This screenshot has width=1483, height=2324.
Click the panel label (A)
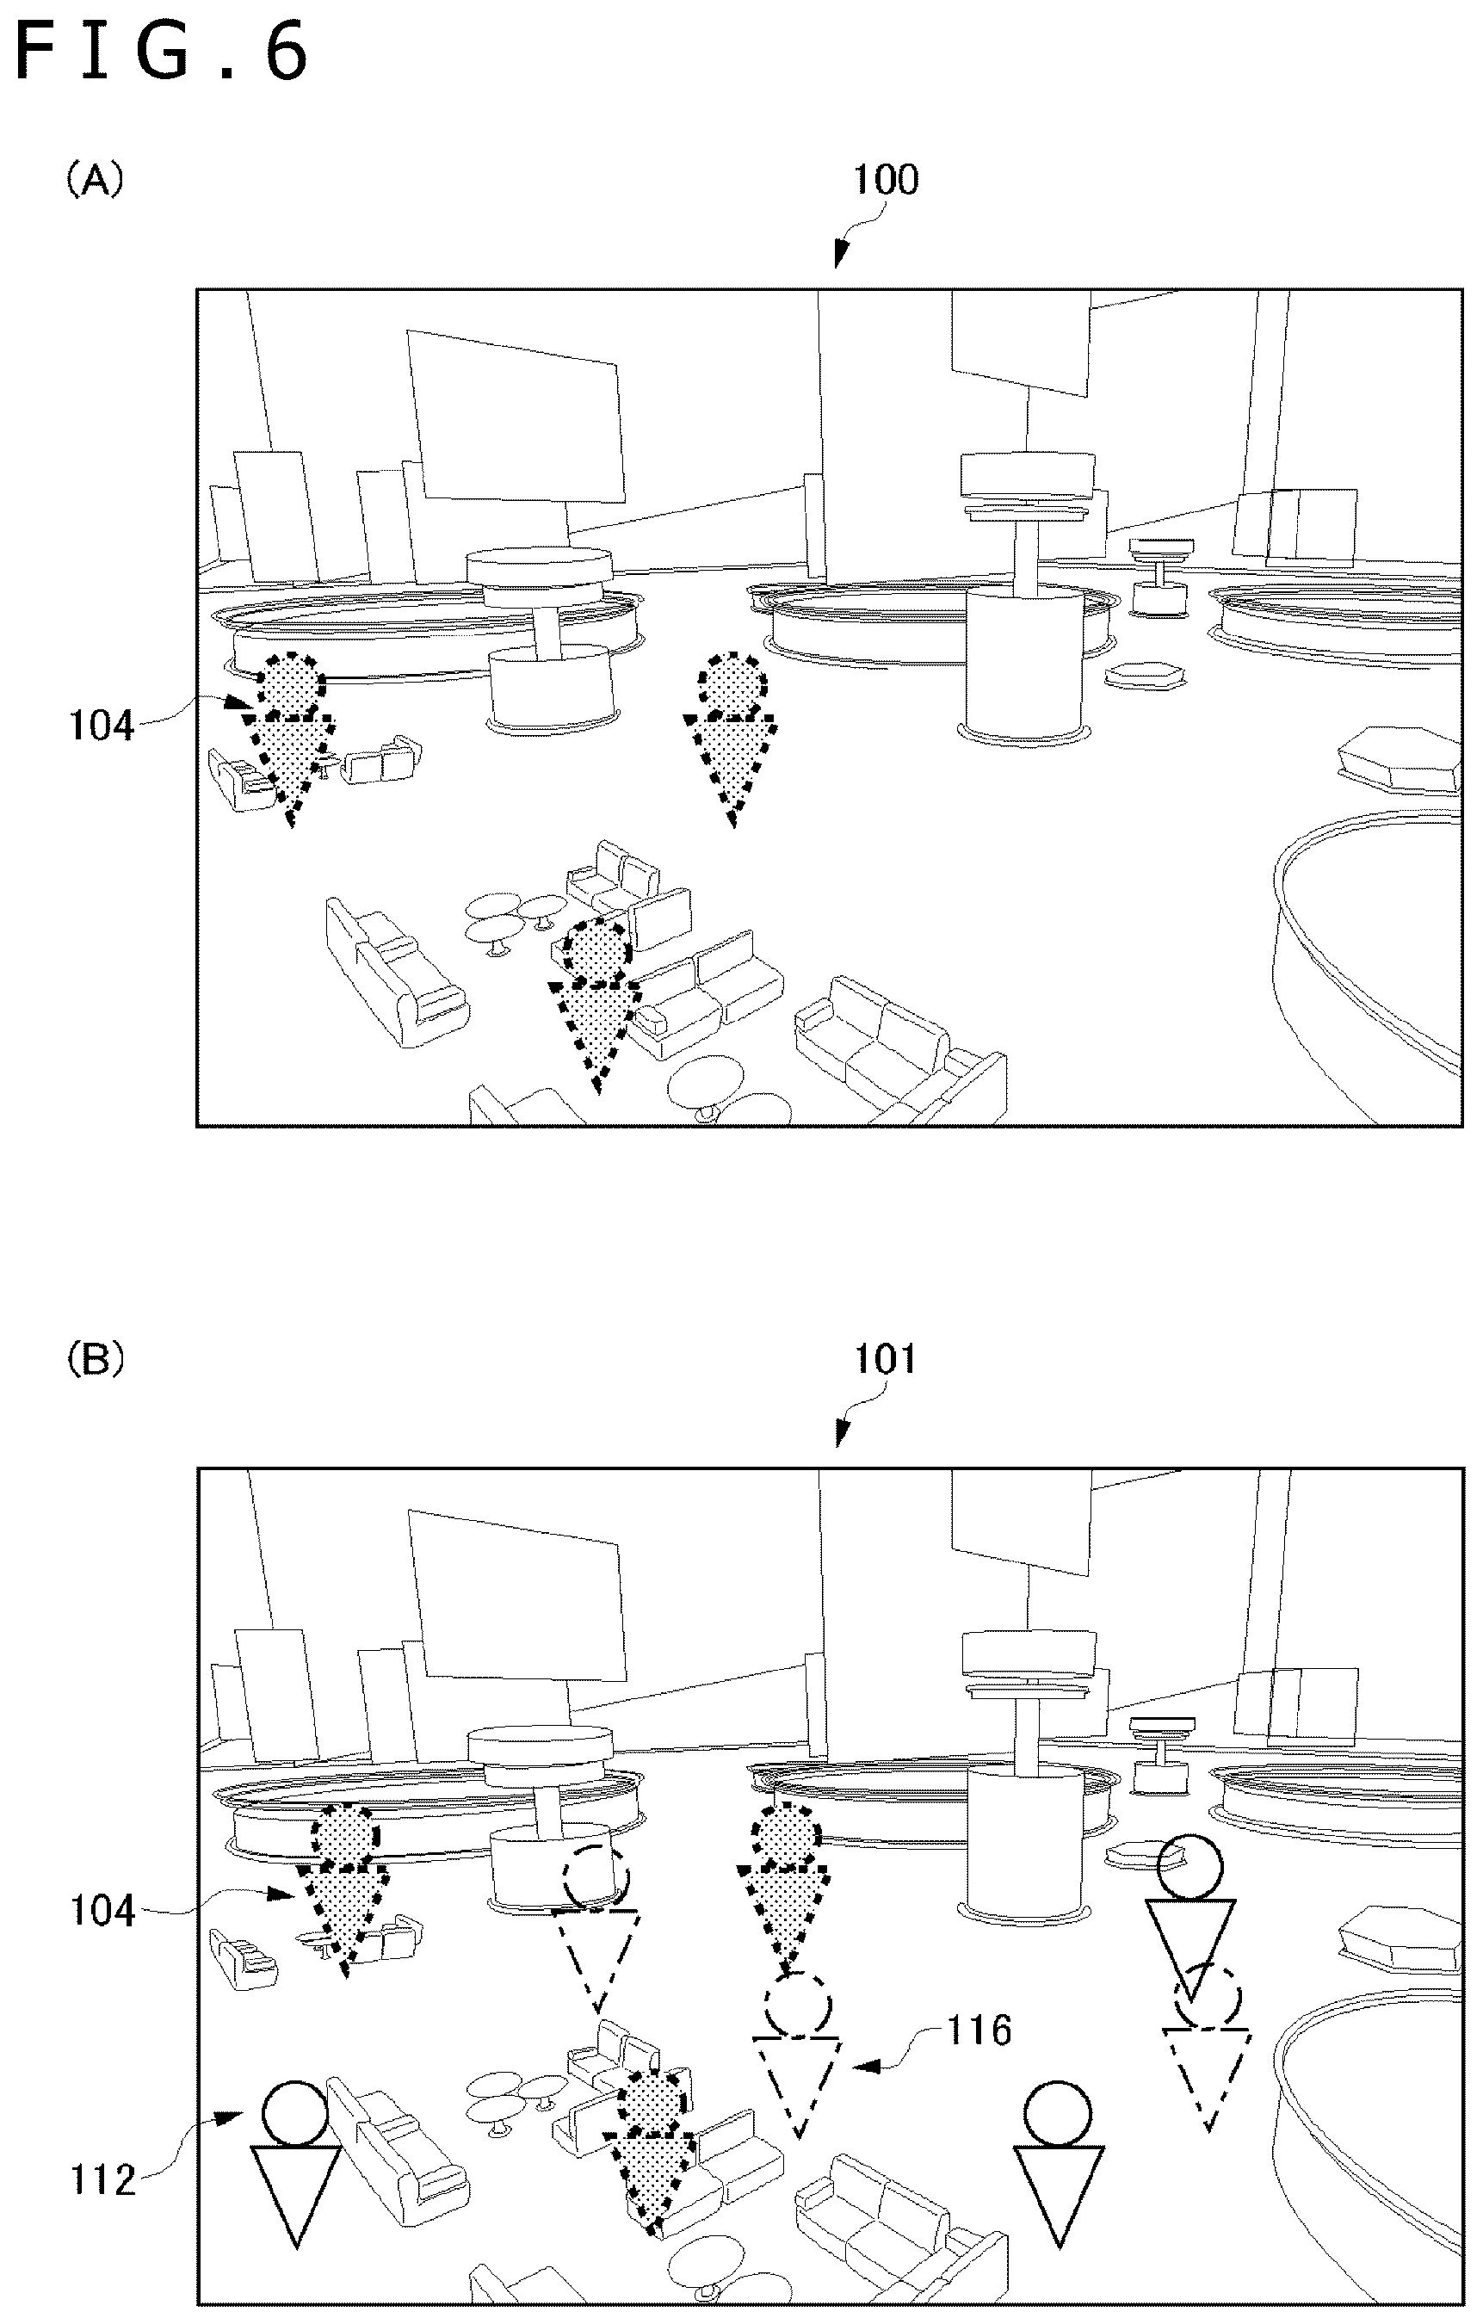pos(94,180)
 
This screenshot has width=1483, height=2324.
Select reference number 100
pos(886,180)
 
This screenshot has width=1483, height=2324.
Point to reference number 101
pos(886,1359)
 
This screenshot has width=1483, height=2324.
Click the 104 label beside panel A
pos(102,725)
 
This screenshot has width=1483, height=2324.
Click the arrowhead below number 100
pos(840,255)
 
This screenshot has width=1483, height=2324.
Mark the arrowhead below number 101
pos(842,1434)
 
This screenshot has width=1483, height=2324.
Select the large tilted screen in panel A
pos(516,417)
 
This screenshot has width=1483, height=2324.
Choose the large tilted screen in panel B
pos(517,1598)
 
